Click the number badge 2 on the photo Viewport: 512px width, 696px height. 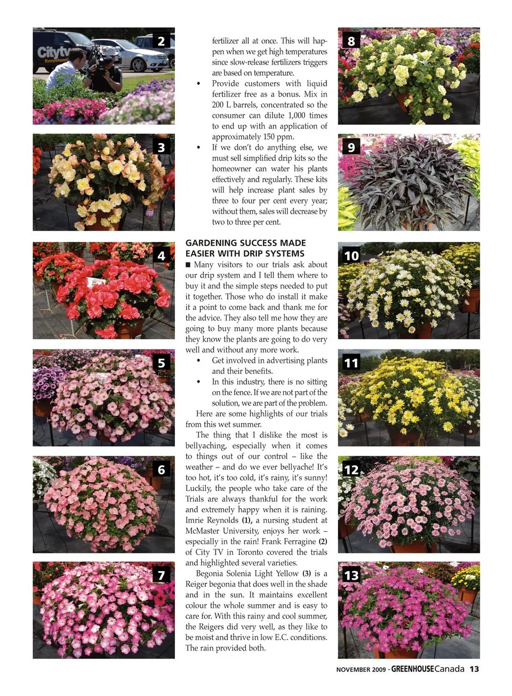tap(161, 41)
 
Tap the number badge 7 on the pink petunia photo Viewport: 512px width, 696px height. tap(161, 575)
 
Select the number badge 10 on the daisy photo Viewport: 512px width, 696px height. tap(351, 256)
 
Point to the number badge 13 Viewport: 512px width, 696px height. tap(351, 575)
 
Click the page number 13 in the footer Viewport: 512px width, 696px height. tap(474, 669)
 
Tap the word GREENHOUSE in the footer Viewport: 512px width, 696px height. tap(412, 669)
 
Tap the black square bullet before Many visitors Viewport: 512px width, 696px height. tap(188, 265)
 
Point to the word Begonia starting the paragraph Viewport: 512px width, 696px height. tap(209, 574)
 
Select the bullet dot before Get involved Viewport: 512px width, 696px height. tap(198, 361)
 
